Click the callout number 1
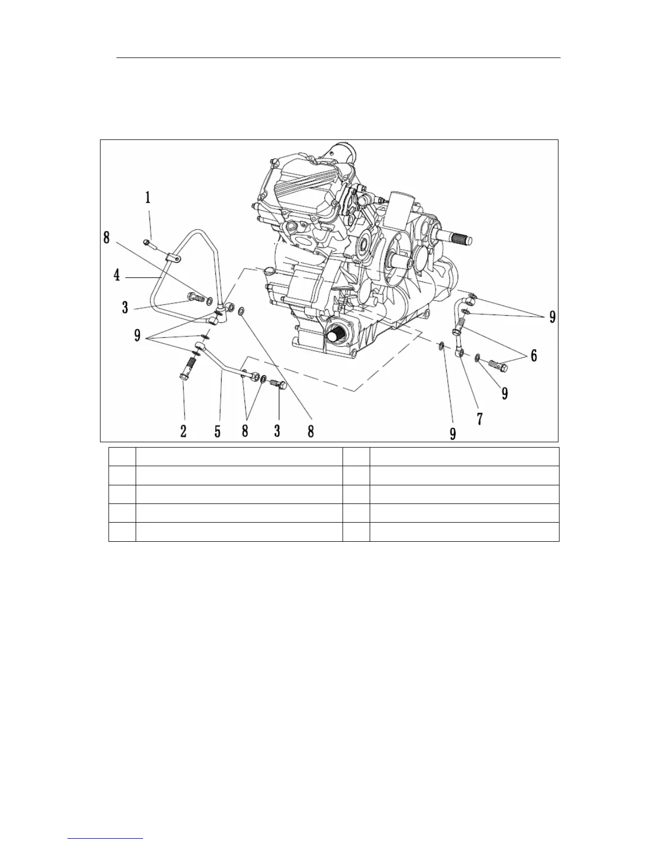point(148,198)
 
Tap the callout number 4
point(117,276)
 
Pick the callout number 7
point(479,418)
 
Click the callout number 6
point(533,354)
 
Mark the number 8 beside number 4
point(107,237)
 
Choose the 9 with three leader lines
point(138,335)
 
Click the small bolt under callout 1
point(148,244)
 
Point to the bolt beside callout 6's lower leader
point(497,366)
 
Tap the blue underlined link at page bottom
point(105,838)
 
